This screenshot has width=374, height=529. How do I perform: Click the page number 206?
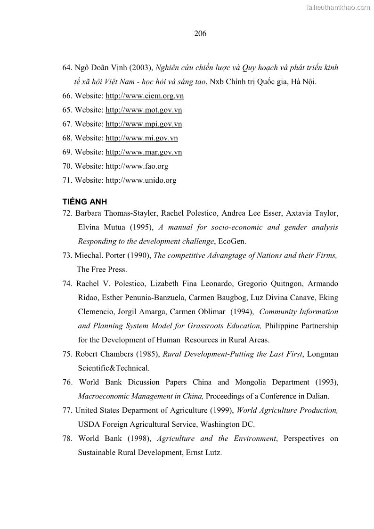point(200,33)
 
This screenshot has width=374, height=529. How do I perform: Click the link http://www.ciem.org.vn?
point(145,96)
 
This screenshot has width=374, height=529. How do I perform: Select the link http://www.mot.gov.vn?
point(144,110)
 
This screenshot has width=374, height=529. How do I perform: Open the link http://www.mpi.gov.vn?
point(144,124)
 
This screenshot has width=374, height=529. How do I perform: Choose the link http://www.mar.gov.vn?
point(144,152)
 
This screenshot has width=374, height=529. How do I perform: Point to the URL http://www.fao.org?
point(137,166)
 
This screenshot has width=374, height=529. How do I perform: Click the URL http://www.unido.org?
point(141,180)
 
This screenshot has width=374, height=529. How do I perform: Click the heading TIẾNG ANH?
point(85,202)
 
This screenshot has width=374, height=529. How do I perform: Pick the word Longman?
point(323,354)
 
